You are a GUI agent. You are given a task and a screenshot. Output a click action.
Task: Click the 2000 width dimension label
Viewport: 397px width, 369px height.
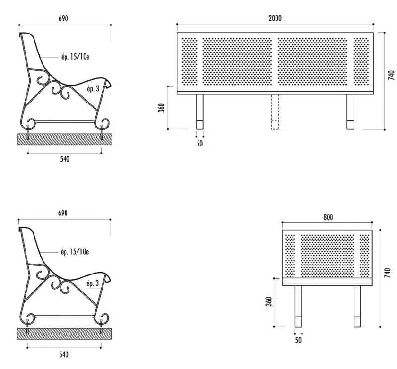pyautogui.click(x=275, y=18)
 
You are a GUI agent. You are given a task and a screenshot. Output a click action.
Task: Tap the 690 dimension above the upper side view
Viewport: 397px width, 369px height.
pyautogui.click(x=64, y=18)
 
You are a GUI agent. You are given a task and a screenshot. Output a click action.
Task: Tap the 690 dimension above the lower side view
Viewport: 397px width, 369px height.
pyautogui.click(x=64, y=213)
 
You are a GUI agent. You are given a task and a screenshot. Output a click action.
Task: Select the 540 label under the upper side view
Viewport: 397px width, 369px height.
pyautogui.click(x=65, y=159)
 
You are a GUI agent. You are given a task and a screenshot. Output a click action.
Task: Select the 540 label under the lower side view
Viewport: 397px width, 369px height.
pyautogui.click(x=65, y=354)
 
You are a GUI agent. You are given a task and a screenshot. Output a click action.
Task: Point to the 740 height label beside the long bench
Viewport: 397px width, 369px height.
pyautogui.click(x=391, y=75)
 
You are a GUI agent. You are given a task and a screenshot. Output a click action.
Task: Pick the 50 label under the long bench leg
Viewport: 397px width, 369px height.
pyautogui.click(x=200, y=143)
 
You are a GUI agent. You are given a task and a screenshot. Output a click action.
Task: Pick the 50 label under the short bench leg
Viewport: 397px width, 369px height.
pyautogui.click(x=298, y=340)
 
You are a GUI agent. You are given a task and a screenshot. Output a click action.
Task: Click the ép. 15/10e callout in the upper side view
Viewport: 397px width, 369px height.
pyautogui.click(x=74, y=57)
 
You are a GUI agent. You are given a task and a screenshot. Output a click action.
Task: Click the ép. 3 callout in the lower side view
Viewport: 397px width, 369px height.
pyautogui.click(x=93, y=283)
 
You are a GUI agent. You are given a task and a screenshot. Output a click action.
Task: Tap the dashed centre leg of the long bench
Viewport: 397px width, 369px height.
pyautogui.click(x=275, y=111)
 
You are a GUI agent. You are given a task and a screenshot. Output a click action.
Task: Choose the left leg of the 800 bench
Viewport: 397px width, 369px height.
pyautogui.click(x=298, y=306)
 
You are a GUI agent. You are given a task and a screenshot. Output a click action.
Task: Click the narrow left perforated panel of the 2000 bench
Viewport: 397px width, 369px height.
pyautogui.click(x=190, y=61)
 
